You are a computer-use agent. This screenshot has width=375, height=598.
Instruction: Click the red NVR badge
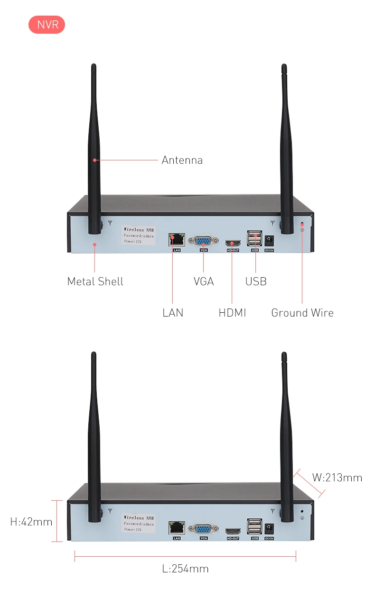pos(47,25)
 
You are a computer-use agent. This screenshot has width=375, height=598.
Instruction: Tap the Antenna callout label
pos(182,160)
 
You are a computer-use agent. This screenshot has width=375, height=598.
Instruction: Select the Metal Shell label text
pos(95,281)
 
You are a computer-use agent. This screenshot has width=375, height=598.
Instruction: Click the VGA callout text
pos(204,281)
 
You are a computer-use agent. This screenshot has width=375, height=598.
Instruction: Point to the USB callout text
pos(256,281)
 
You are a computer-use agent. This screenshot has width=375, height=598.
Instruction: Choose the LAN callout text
pos(173,313)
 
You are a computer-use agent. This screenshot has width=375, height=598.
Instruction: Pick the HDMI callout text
pos(232,313)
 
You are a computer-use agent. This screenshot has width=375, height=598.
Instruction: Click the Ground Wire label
pos(302,313)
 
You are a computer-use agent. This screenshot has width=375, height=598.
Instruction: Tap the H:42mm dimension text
pos(31,522)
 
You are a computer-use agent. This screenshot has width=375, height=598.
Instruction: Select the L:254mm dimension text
pos(185,569)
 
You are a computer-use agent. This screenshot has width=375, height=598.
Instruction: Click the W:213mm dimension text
pos(337,477)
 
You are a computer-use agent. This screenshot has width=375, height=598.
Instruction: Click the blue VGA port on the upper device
pos(204,241)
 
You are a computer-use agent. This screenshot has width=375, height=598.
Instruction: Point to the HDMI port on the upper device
pos(233,243)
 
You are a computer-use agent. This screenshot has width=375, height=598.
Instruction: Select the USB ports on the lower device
pos(254,526)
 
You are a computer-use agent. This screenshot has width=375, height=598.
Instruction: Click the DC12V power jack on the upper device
pos(270,240)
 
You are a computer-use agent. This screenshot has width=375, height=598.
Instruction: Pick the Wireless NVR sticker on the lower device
pos(139,523)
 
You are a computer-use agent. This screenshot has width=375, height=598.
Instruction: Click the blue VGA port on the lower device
pos(204,529)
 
